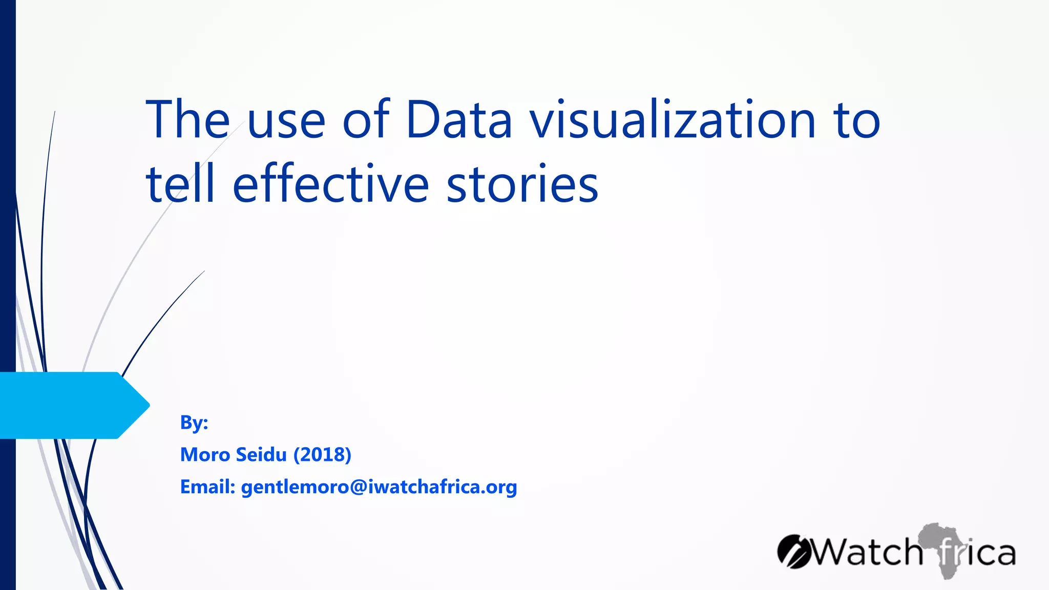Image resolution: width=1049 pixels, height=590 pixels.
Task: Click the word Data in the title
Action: pos(459,120)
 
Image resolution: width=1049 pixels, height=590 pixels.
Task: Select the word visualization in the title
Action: pos(673,120)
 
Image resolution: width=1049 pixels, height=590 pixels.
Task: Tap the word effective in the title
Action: pos(330,184)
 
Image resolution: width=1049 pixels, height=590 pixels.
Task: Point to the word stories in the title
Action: pos(522,184)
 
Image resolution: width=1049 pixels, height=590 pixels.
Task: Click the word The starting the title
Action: pos(187,120)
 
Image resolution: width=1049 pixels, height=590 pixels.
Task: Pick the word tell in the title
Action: pos(180,184)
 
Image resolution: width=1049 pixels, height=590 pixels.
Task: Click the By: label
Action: pos(194,423)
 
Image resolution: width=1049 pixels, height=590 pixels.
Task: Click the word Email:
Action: pos(207,487)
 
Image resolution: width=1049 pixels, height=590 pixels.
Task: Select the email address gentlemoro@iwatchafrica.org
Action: pos(379,487)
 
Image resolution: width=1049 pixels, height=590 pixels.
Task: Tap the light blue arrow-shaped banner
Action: pos(72,405)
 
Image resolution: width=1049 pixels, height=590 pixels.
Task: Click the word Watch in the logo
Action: pos(868,553)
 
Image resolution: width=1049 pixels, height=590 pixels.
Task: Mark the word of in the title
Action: pos(366,120)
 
